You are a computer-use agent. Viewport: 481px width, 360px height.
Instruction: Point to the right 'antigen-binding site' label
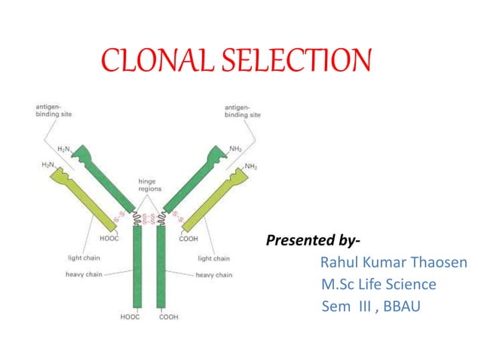[243, 111]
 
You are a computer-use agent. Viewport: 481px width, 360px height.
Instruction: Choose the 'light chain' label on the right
[214, 258]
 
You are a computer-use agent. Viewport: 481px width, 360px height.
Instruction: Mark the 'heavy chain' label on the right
[214, 275]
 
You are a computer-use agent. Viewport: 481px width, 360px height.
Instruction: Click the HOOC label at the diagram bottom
[130, 317]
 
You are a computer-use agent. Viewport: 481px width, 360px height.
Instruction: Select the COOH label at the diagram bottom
[169, 317]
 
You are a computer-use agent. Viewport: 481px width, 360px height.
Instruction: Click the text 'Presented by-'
[313, 241]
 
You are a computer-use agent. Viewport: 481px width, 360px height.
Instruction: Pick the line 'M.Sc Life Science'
[378, 285]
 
